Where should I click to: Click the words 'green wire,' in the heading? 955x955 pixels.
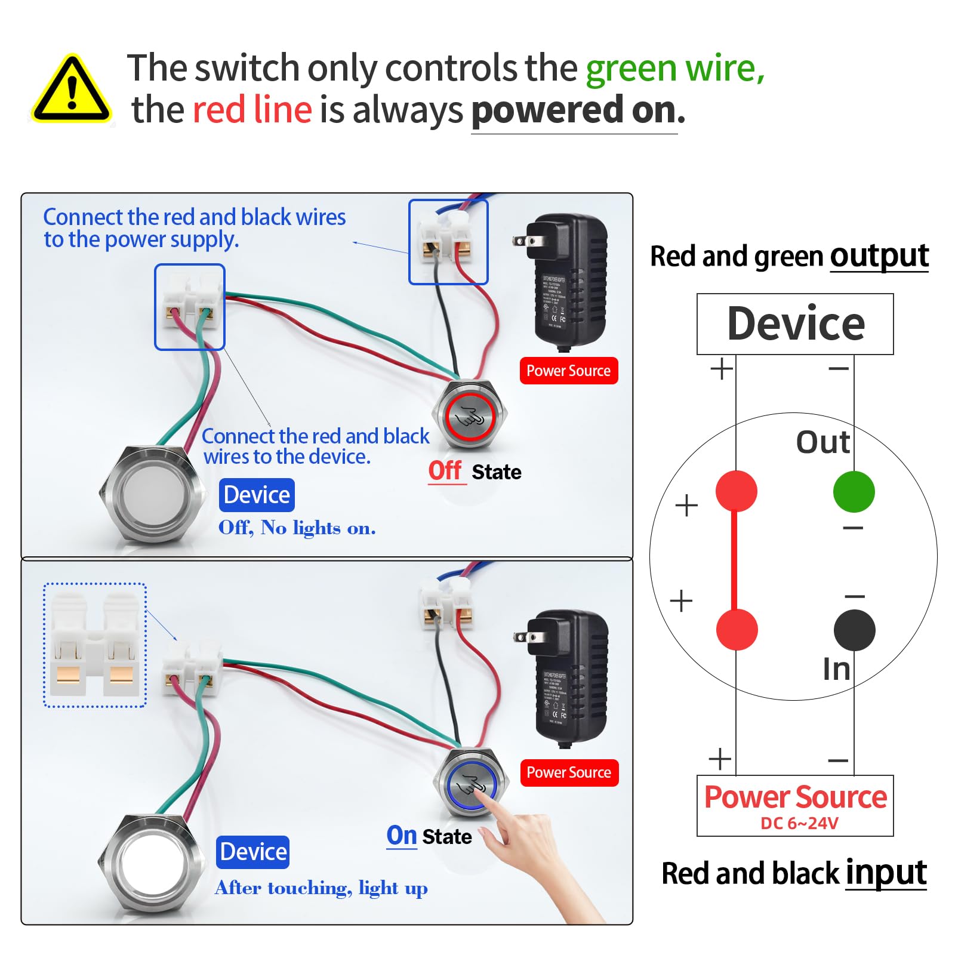tap(674, 69)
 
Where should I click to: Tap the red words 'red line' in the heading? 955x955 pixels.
tap(252, 110)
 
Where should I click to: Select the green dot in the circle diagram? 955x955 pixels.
tap(854, 492)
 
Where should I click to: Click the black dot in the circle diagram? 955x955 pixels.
tap(854, 630)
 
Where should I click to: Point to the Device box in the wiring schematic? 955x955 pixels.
tap(795, 324)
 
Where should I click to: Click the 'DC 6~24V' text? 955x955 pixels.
tap(799, 824)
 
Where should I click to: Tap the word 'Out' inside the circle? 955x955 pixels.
tap(822, 442)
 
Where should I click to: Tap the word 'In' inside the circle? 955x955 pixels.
tap(836, 669)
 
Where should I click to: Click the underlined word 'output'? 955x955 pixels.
tap(879, 256)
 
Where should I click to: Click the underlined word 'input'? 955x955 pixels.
tap(886, 873)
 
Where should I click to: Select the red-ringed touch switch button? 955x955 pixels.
tap(470, 416)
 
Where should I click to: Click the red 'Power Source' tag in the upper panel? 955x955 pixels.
tap(568, 371)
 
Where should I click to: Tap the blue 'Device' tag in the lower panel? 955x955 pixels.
tap(253, 852)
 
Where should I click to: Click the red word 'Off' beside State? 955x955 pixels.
tap(445, 471)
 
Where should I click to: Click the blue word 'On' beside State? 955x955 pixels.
tap(402, 836)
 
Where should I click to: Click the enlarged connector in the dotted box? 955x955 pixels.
tap(95, 645)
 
